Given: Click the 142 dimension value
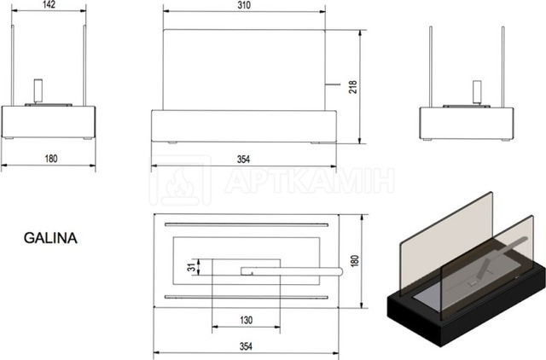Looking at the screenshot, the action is [49, 4].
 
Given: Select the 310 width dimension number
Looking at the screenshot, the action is [244, 5].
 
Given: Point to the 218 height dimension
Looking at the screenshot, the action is [353, 87].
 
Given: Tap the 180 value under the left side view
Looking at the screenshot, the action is [51, 159].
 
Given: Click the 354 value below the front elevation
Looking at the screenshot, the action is [243, 160].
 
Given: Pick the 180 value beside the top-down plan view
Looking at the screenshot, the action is [355, 261].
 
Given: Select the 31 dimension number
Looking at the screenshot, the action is [192, 267].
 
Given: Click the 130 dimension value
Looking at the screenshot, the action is [246, 320].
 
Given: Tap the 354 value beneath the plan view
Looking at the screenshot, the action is [246, 346].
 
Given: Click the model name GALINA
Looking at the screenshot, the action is [50, 238].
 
